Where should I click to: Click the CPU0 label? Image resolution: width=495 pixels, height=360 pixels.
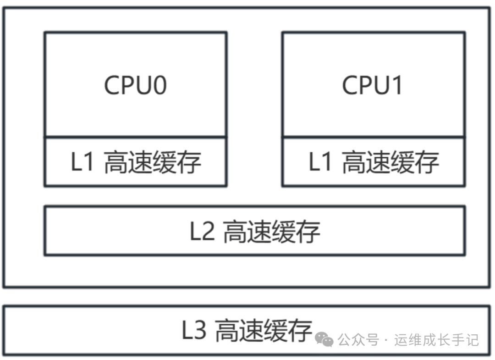[x=135, y=85]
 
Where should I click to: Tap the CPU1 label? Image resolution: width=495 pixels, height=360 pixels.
[x=372, y=85]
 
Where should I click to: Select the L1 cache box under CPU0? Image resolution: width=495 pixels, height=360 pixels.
[x=135, y=161]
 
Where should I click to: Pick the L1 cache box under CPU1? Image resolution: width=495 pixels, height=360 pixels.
[x=374, y=161]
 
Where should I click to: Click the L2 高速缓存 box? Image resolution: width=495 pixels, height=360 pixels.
[x=254, y=231]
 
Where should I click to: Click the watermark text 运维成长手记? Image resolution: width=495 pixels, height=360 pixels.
[x=436, y=340]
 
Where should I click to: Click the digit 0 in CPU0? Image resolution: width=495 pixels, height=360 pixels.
[x=159, y=85]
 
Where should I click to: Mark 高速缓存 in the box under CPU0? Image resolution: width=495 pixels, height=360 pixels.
[x=153, y=162]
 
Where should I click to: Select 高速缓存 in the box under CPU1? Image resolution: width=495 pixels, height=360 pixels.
[x=390, y=162]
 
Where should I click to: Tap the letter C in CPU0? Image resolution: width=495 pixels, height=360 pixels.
[x=113, y=85]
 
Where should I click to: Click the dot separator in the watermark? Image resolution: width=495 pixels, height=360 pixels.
[x=385, y=340]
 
